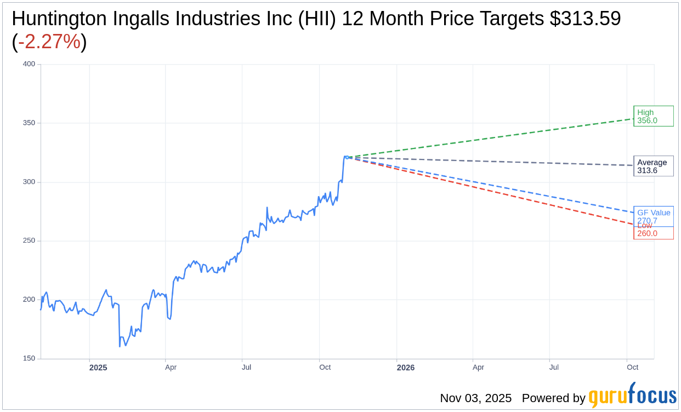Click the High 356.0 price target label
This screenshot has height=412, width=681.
(x=653, y=116)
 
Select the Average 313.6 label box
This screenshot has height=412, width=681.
(x=653, y=166)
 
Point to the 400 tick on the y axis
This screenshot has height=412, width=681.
(x=29, y=64)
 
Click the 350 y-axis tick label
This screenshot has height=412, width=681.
(x=29, y=123)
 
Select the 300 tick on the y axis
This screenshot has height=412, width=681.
(x=29, y=182)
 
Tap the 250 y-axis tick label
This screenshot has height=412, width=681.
(x=29, y=241)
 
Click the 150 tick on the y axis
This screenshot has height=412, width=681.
(x=29, y=358)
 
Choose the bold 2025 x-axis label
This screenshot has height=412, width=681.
(x=98, y=368)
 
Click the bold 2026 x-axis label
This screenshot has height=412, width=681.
(x=406, y=368)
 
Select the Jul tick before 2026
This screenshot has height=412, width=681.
(x=246, y=367)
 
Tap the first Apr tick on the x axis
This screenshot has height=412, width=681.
(x=171, y=367)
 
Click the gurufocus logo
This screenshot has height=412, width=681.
(x=632, y=396)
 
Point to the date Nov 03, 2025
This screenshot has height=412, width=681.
(x=475, y=398)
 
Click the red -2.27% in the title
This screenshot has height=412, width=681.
(x=49, y=42)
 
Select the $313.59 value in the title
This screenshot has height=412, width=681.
(x=586, y=19)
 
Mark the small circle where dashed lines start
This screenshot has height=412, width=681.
(x=347, y=157)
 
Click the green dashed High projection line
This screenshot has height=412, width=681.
(x=493, y=138)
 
